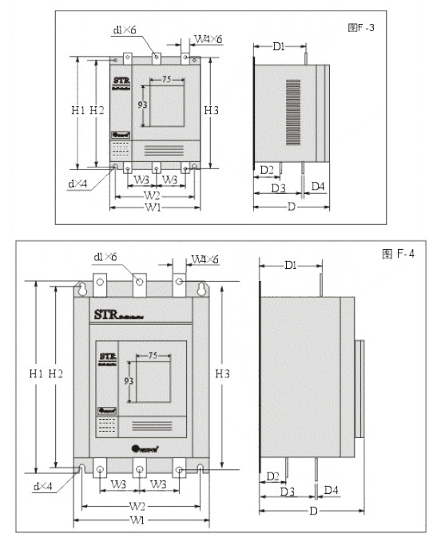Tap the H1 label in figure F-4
(x=35, y=373)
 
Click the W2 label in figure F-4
(x=137, y=507)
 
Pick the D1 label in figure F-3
(x=279, y=47)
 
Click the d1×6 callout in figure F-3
(x=125, y=31)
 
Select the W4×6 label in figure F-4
(x=205, y=259)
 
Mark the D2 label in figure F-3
(x=267, y=169)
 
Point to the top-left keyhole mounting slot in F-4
(x=81, y=288)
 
